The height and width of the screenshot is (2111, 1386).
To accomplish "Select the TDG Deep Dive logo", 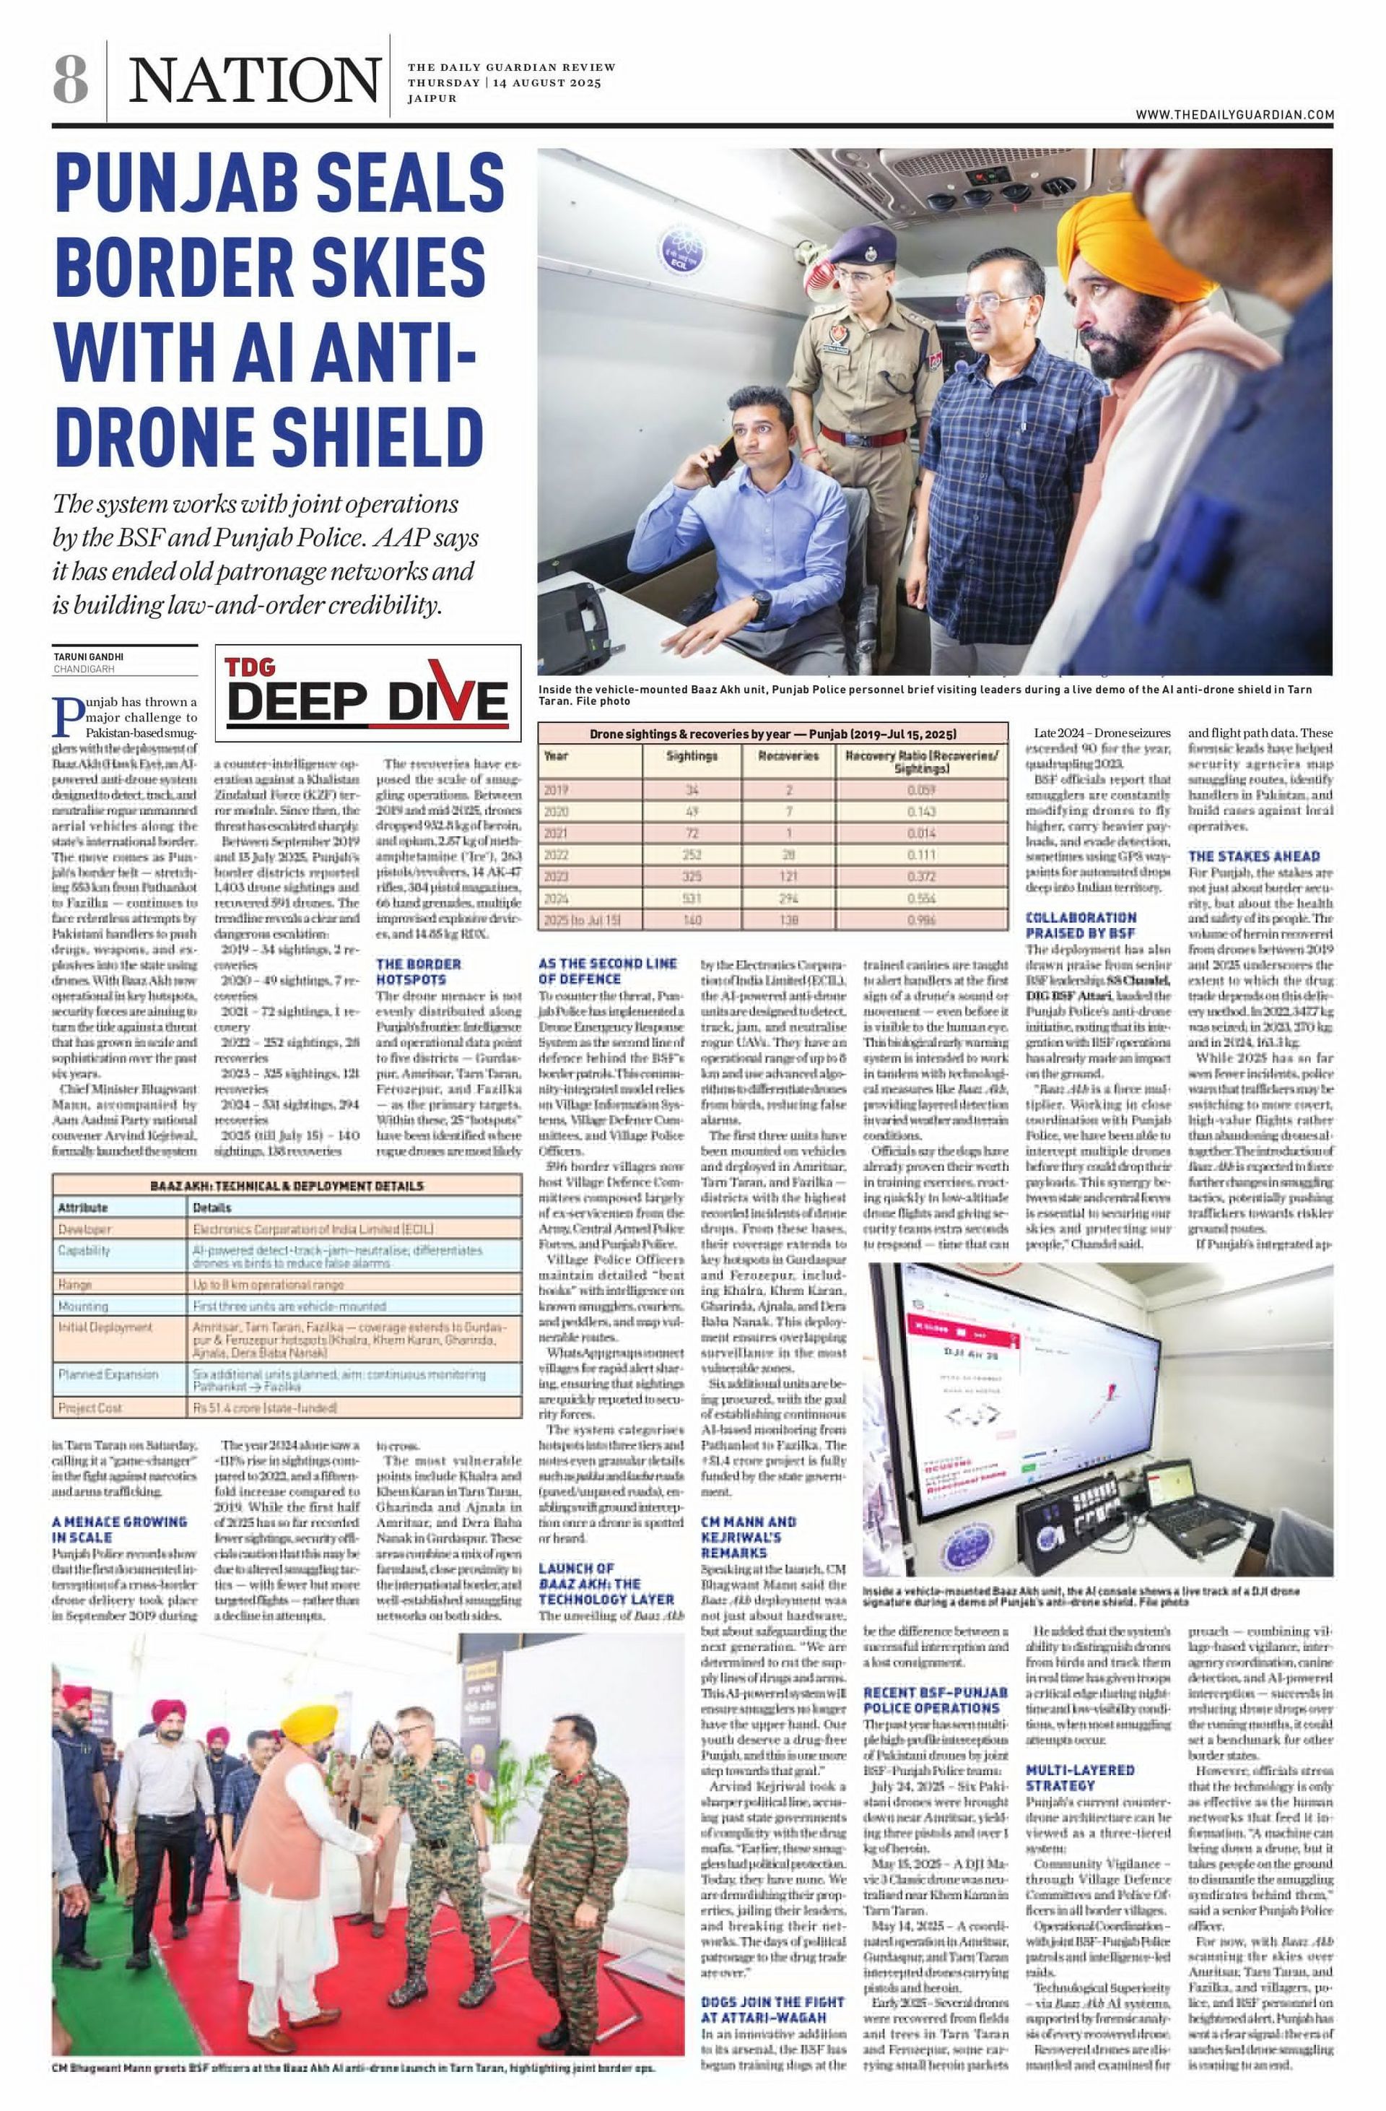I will (x=367, y=693).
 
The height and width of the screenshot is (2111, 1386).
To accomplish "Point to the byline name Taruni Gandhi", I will (x=89, y=657).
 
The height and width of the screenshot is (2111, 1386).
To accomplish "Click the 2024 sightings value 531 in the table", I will (x=692, y=898).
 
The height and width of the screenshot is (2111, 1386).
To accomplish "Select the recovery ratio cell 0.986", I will (x=920, y=920).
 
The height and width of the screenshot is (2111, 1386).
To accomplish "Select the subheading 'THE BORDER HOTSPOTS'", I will (x=419, y=971).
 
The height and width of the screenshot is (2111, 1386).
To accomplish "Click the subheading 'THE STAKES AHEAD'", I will (x=1253, y=857).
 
